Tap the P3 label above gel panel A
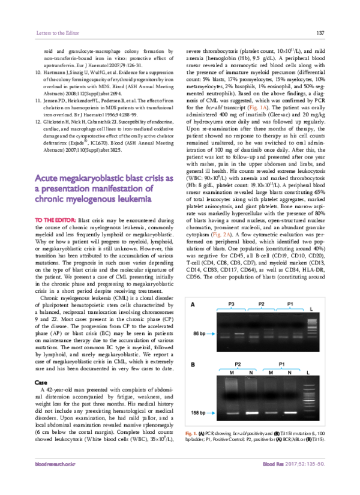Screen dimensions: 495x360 point(232,305)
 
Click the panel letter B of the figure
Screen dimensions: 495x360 point(192,364)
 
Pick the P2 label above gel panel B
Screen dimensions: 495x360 point(238,364)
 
